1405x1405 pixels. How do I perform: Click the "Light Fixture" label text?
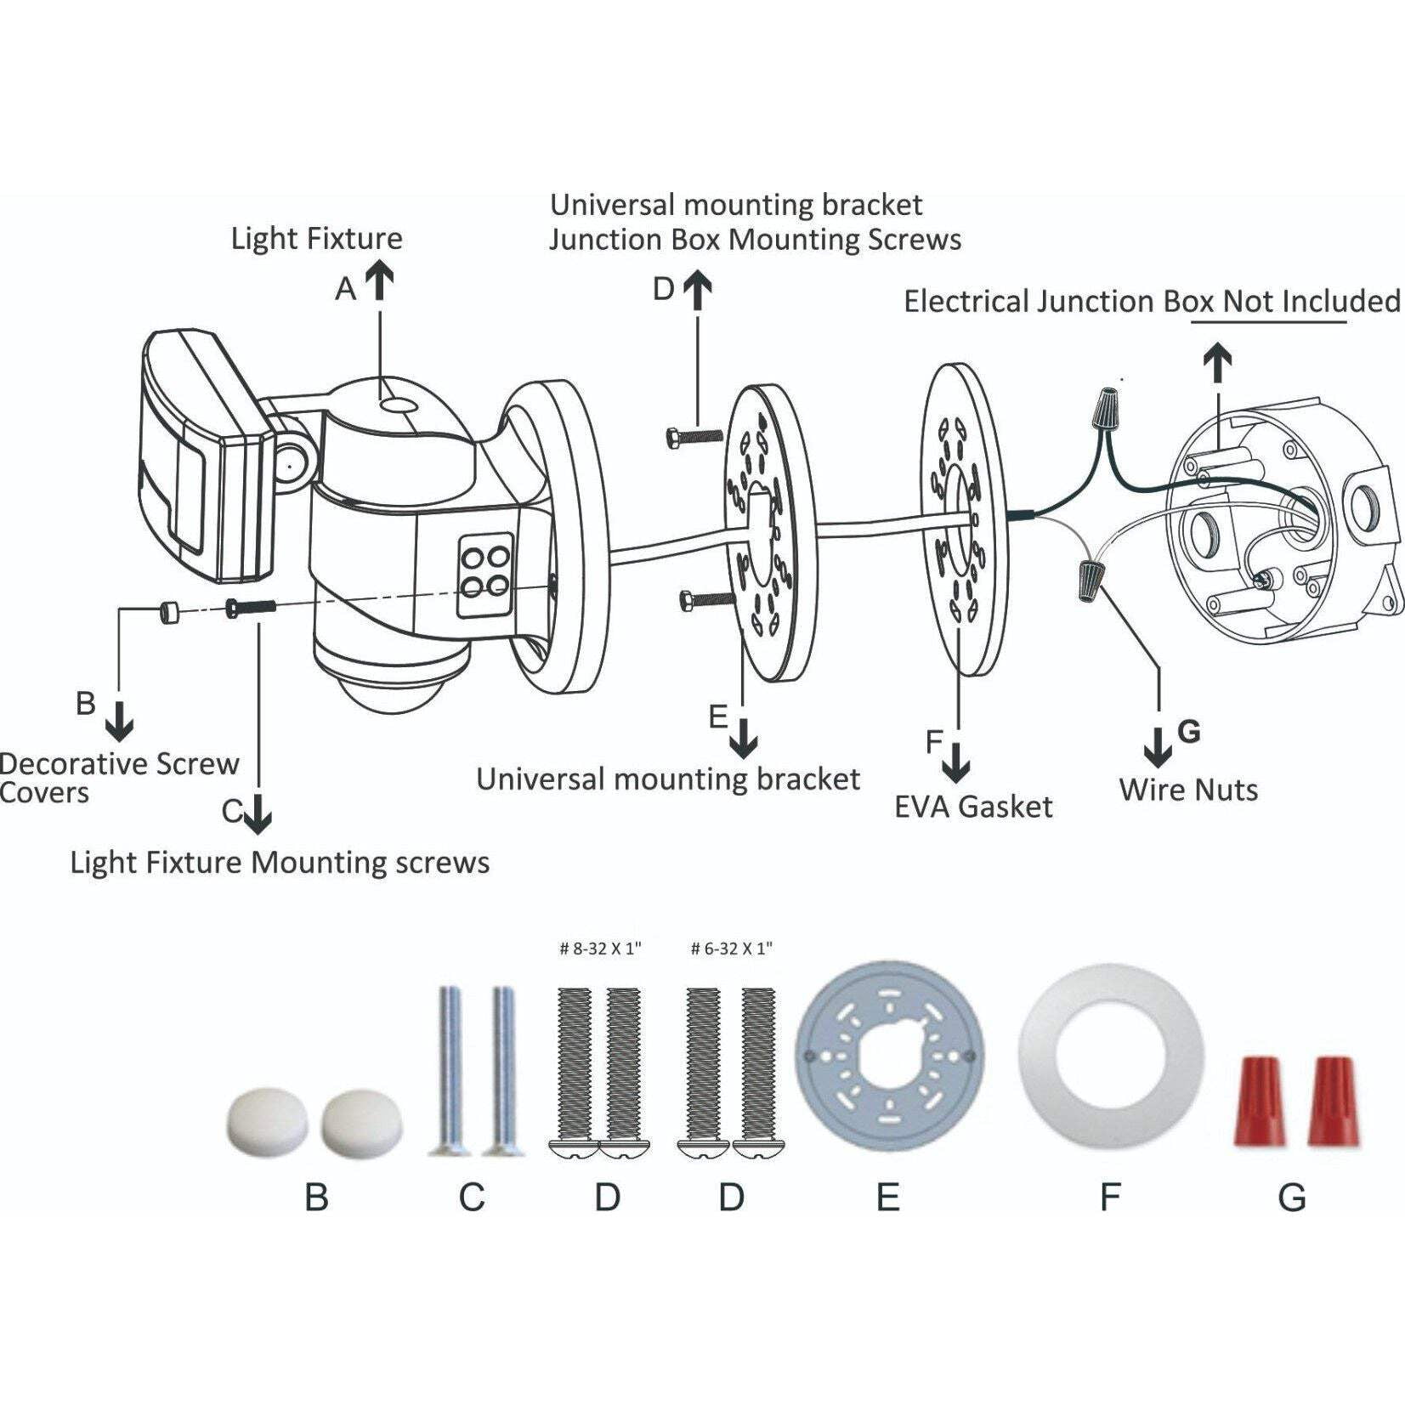tap(316, 239)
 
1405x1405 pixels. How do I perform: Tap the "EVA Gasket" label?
tap(973, 807)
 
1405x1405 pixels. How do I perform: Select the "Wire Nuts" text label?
tap(1188, 790)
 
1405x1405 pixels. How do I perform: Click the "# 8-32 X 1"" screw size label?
tap(600, 949)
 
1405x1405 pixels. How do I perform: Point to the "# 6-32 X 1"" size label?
tap(732, 949)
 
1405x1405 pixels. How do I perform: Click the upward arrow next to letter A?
tap(380, 280)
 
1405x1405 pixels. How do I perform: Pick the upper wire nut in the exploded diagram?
tap(1105, 410)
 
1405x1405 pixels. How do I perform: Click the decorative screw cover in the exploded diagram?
tap(167, 611)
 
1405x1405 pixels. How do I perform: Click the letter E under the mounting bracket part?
tap(887, 1198)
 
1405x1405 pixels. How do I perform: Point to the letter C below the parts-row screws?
tap(472, 1198)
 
